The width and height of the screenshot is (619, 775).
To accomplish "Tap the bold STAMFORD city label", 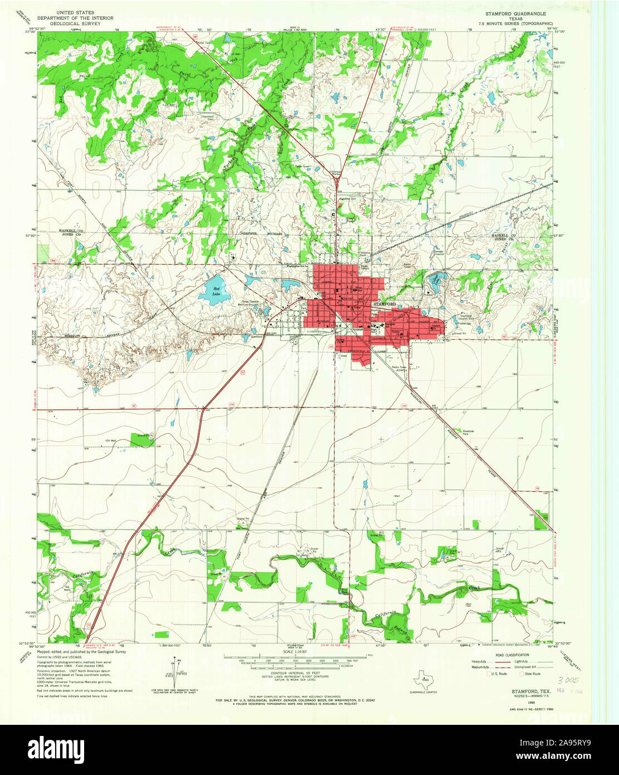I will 384,304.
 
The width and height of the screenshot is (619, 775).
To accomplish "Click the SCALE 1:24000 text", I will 295,652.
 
